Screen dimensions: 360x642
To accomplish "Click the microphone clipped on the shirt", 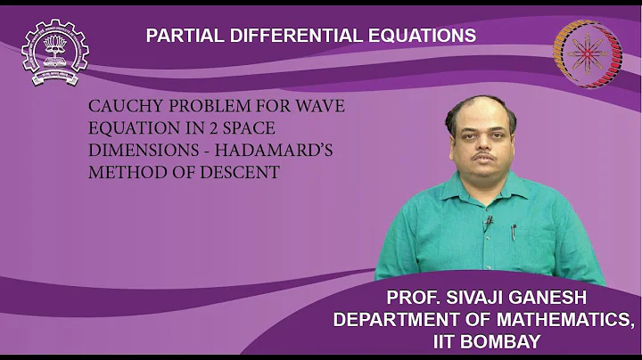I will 488,220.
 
